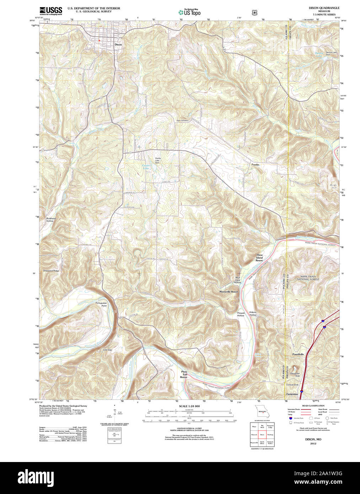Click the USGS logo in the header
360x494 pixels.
(51, 10)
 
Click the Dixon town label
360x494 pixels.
(118, 45)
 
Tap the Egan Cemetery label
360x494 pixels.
(182, 120)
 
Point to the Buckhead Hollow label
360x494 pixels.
(50, 220)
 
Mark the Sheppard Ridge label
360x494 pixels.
(51, 271)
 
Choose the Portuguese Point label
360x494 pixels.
(101, 304)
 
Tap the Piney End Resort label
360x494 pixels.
(183, 374)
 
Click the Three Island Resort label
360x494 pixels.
(259, 258)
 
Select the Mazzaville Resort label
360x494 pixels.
(229, 291)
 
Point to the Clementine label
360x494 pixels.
(292, 394)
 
